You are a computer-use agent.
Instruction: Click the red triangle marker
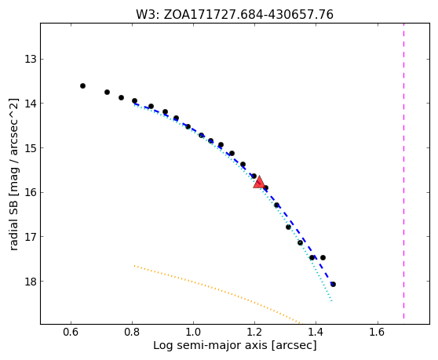[x=259, y=182]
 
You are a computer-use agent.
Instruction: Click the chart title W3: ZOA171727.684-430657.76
[x=235, y=15]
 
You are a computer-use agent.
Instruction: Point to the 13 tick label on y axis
[x=31, y=59]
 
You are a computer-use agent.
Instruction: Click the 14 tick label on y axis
[x=31, y=104]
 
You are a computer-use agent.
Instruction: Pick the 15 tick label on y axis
[x=31, y=148]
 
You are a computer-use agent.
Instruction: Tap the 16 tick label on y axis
[x=31, y=192]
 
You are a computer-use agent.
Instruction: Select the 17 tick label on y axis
[x=31, y=237]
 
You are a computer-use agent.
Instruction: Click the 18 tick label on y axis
[x=31, y=281]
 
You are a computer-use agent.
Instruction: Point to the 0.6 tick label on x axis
[x=71, y=332]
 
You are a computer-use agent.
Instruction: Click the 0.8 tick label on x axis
[x=132, y=332]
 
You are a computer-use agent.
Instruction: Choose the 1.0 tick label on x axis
[x=193, y=332]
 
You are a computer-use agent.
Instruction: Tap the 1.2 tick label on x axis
[x=254, y=332]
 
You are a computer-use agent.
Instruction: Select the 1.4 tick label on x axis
[x=316, y=332]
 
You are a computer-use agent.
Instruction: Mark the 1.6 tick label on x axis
[x=378, y=332]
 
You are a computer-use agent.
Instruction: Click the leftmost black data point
[x=82, y=85]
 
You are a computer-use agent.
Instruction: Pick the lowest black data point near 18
[x=333, y=285]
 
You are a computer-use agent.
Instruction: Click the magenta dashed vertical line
[x=403, y=173]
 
